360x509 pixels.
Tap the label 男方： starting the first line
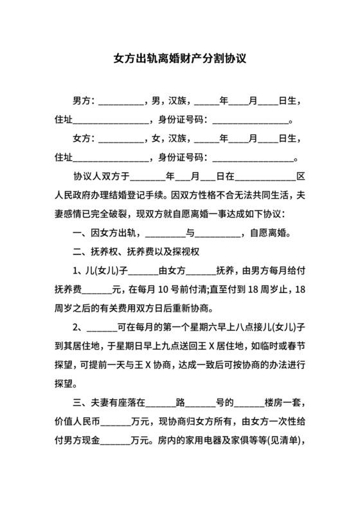click(x=84, y=102)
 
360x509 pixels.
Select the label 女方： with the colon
click(x=84, y=138)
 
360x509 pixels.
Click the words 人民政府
click(x=73, y=194)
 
